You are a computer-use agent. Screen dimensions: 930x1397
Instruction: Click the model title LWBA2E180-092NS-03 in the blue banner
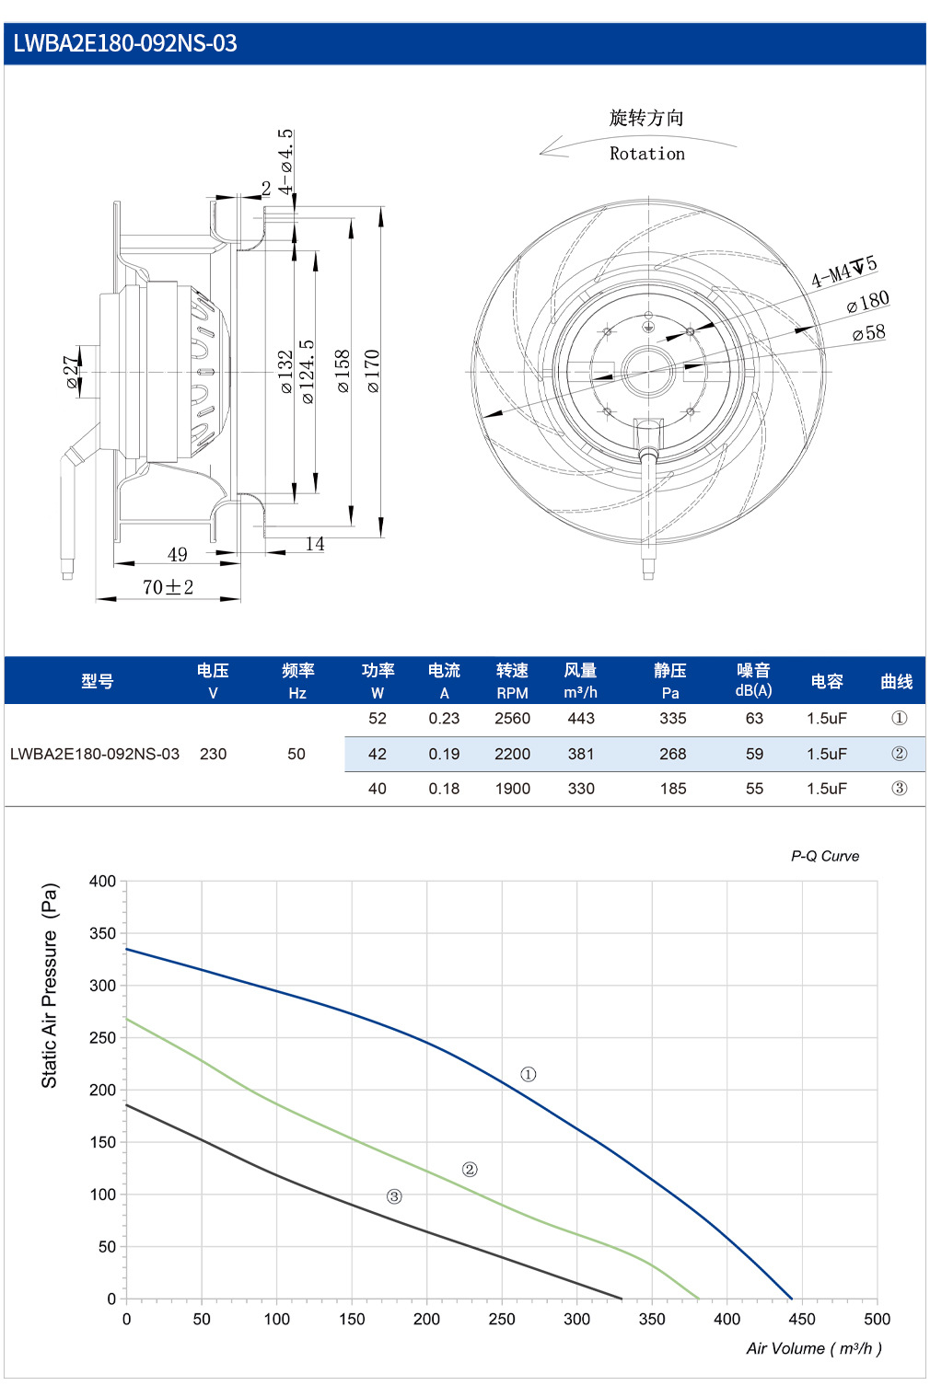[125, 43]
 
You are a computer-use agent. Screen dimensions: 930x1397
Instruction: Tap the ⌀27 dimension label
[74, 373]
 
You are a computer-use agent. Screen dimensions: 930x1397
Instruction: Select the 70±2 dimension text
[168, 587]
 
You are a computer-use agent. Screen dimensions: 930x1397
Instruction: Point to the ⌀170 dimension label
[373, 371]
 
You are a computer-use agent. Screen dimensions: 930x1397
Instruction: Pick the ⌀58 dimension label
[869, 332]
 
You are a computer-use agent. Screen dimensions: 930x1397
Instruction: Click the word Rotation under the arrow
[647, 154]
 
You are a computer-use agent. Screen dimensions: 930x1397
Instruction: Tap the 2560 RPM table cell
[513, 719]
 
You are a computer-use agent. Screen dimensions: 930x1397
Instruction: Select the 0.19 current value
[444, 754]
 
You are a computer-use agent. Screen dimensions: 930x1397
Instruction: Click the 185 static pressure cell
[673, 789]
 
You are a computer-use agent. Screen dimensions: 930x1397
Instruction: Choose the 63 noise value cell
[754, 719]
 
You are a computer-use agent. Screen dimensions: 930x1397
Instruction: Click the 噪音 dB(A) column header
[753, 680]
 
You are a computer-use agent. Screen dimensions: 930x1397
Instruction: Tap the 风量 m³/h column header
[580, 680]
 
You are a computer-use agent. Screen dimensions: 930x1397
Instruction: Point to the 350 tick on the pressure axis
[102, 933]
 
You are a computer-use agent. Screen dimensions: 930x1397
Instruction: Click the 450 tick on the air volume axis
[802, 1319]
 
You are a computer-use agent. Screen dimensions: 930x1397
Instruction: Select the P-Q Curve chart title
[825, 856]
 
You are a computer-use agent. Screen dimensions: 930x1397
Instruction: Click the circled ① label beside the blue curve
[528, 1074]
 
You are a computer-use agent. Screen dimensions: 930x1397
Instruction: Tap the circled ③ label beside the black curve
[394, 1196]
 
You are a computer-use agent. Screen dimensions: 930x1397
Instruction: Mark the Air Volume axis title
[814, 1349]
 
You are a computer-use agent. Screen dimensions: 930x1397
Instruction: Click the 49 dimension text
[178, 554]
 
